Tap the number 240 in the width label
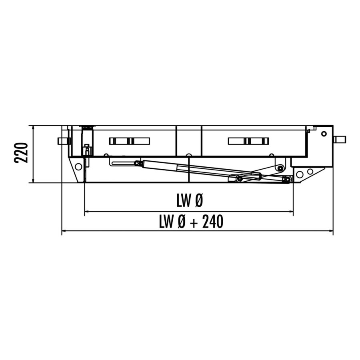click(212, 222)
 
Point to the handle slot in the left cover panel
click(129, 141)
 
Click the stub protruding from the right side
click(340, 140)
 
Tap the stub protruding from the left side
click(63, 141)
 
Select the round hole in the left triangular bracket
click(78, 166)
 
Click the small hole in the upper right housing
click(324, 134)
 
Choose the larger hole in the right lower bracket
click(300, 174)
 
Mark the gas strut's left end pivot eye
click(137, 163)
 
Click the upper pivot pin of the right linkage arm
click(281, 168)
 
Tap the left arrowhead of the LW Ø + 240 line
click(64, 231)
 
